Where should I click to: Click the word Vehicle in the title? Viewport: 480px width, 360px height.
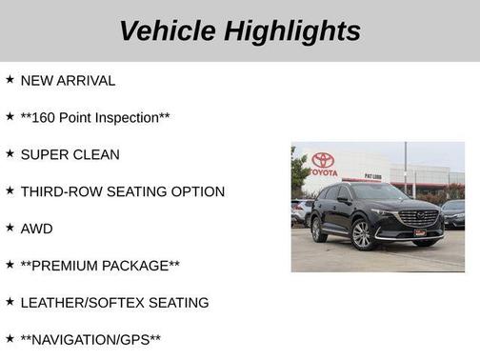(x=168, y=31)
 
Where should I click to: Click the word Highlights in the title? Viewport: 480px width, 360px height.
(x=292, y=31)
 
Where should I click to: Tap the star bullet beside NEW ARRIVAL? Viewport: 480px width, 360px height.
(x=10, y=80)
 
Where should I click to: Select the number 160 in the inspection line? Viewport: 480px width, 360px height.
(x=46, y=117)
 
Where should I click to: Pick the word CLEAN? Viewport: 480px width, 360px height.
(x=96, y=154)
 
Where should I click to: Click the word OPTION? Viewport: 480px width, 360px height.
(x=195, y=191)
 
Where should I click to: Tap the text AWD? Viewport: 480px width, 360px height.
(x=36, y=229)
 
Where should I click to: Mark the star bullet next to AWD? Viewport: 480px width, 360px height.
(x=10, y=228)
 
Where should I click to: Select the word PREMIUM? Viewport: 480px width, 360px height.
(x=69, y=266)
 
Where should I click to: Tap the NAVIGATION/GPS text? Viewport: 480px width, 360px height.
(x=90, y=340)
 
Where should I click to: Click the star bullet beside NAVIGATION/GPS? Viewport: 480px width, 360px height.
(x=10, y=339)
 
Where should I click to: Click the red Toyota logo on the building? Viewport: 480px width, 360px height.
(x=323, y=161)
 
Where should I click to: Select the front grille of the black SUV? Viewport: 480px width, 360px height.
(x=418, y=219)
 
